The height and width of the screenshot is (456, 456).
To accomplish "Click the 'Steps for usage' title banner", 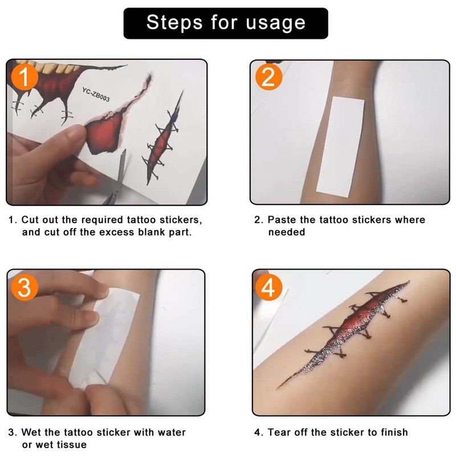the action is [226, 23].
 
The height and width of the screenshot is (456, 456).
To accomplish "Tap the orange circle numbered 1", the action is [25, 78].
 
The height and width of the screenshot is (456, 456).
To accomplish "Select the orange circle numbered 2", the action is [268, 77].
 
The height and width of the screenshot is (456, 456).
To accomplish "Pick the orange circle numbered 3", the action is [25, 287].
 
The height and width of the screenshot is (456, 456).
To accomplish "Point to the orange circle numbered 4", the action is [268, 288].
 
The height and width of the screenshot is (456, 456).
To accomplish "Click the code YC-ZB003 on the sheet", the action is [96, 95].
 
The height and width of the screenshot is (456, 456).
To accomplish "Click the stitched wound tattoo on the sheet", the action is [164, 138].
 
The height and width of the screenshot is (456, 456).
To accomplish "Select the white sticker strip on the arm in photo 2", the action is [340, 147].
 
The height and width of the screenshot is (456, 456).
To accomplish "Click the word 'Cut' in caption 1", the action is [30, 219].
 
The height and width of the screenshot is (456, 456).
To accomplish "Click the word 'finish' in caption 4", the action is [394, 432].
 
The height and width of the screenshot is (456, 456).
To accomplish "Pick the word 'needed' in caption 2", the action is [287, 232].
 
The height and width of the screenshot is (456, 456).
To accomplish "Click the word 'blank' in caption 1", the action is [151, 232].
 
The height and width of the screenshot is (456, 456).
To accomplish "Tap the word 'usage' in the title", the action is [276, 23].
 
